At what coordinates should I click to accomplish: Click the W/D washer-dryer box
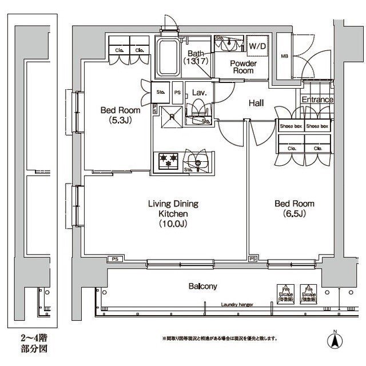pyautogui.click(x=256, y=45)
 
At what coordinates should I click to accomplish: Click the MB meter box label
pyautogui.click(x=284, y=56)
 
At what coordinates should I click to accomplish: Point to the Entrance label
pyautogui.click(x=317, y=100)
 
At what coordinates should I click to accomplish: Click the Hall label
pyautogui.click(x=255, y=104)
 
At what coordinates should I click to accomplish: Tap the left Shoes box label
pyautogui.click(x=291, y=126)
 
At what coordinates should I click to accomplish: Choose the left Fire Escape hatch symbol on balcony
pyautogui.click(x=283, y=293)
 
